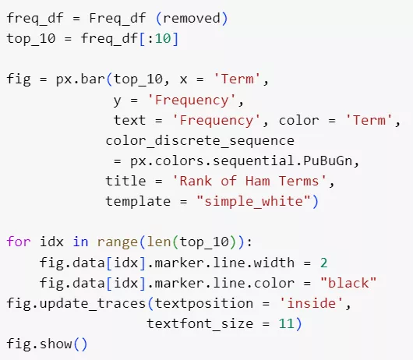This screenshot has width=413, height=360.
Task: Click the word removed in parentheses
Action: pos(192,19)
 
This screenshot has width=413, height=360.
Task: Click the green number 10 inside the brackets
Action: pos(163,38)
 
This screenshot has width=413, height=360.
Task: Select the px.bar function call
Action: pos(80,79)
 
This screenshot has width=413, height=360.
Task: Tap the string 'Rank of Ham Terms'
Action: pos(249,182)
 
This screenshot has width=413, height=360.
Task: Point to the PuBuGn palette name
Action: pos(327,161)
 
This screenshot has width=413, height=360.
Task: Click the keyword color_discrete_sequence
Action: pos(200,140)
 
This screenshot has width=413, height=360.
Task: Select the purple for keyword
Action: pos(19,242)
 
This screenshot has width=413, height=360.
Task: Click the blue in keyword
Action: pos(80,242)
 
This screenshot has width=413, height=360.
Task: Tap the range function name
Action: pos(117,242)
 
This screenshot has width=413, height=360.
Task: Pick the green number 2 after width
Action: pos(323,263)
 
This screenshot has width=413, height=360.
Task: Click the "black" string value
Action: pos(348,283)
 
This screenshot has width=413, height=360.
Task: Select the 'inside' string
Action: pos(311,303)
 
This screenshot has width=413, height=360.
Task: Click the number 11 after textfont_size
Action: pos(287,323)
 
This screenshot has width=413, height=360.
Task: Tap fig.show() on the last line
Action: pos(47,344)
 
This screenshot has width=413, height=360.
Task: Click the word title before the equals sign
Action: pos(125,182)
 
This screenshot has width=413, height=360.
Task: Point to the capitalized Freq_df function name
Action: pos(117,19)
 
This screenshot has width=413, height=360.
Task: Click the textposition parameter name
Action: pos(204,304)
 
